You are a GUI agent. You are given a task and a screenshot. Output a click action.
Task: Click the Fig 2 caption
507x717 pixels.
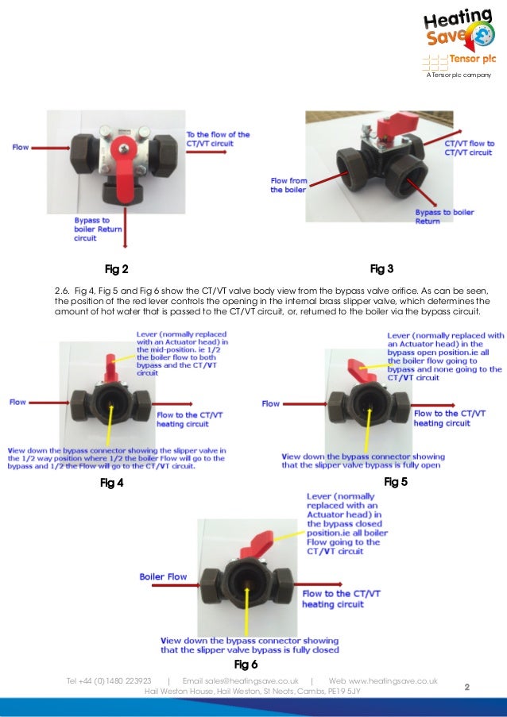(x=117, y=268)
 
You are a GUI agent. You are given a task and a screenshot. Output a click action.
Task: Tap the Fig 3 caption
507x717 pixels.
(x=382, y=268)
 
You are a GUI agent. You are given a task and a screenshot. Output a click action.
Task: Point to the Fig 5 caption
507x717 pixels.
(x=395, y=481)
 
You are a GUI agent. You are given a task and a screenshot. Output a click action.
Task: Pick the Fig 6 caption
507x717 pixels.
(x=246, y=663)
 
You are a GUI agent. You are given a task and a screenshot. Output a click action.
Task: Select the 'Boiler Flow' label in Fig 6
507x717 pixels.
(x=163, y=576)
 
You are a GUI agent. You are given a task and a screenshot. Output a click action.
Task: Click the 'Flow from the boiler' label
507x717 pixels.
(x=288, y=185)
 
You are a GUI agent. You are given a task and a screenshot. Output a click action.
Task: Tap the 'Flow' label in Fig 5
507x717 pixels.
(x=271, y=403)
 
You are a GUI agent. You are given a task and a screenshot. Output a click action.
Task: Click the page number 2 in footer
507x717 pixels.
(x=467, y=686)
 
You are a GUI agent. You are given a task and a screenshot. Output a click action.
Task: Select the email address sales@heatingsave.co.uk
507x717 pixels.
(x=241, y=680)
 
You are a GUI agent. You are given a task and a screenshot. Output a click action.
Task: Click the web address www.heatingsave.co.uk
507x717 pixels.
(x=383, y=680)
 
